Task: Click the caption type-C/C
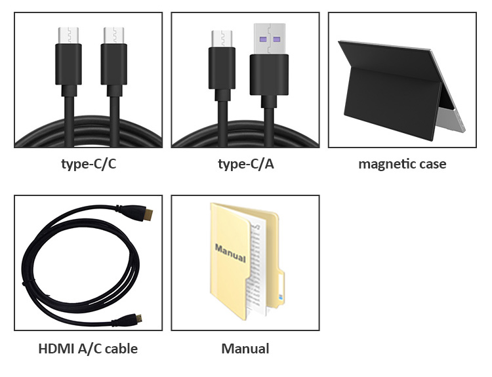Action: pyautogui.click(x=88, y=164)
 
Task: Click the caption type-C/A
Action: pyautogui.click(x=245, y=164)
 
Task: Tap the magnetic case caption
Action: pyautogui.click(x=402, y=164)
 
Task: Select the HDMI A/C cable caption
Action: pyautogui.click(x=88, y=348)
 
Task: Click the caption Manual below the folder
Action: pyautogui.click(x=245, y=348)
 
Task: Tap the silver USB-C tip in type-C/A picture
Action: pyautogui.click(x=222, y=38)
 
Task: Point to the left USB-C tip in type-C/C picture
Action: pyautogui.click(x=68, y=35)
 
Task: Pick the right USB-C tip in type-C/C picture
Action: pyautogui.click(x=113, y=35)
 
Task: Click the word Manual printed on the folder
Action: pyautogui.click(x=230, y=252)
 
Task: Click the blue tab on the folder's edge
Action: pyautogui.click(x=281, y=298)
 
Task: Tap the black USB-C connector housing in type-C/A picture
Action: pyautogui.click(x=222, y=68)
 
